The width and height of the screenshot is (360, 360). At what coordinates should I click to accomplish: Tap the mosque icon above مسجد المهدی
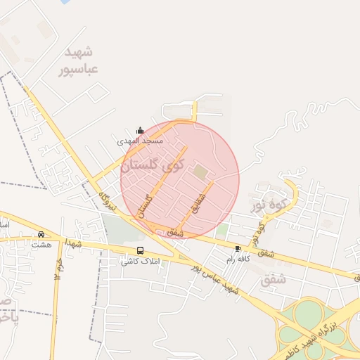(140, 131)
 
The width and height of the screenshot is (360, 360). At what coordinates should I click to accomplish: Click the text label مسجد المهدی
(140, 141)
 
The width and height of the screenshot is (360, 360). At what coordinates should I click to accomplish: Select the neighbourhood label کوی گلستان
(152, 167)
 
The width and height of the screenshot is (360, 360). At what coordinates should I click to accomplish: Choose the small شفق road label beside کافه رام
(264, 252)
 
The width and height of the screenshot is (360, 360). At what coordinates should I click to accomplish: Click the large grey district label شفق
(274, 279)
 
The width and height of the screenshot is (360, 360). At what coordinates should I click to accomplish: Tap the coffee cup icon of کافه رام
(238, 249)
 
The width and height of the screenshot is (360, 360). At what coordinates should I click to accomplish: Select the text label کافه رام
(239, 259)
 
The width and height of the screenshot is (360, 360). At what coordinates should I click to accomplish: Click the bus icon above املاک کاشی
(140, 250)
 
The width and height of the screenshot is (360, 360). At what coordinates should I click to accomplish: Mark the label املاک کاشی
(141, 261)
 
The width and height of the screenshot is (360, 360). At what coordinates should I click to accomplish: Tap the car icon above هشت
(41, 234)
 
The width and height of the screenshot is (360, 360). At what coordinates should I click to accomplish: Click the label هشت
(41, 245)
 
